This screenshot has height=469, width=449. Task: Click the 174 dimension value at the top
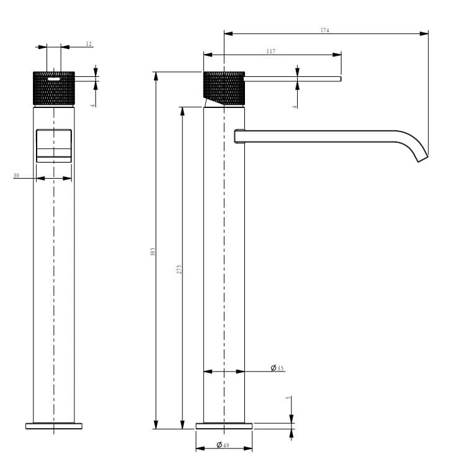pos(325,30)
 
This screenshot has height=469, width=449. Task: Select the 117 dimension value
pos(271,51)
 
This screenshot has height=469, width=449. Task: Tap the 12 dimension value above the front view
pos(89,43)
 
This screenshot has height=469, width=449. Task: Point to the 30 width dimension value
pos(16,176)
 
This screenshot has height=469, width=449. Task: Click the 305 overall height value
pos(153,251)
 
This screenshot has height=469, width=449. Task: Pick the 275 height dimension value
pos(179,269)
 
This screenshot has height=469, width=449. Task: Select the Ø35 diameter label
pos(277,368)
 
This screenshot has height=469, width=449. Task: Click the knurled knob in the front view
pos(54,89)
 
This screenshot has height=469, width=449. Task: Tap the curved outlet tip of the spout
pos(421,158)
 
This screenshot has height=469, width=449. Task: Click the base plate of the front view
pos(54,426)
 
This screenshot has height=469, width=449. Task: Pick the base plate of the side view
pos(224,426)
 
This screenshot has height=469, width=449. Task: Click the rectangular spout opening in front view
pos(54,146)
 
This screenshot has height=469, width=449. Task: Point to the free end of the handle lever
pos(339,79)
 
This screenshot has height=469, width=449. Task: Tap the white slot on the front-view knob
pos(54,79)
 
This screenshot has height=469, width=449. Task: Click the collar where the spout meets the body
pos(238,136)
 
